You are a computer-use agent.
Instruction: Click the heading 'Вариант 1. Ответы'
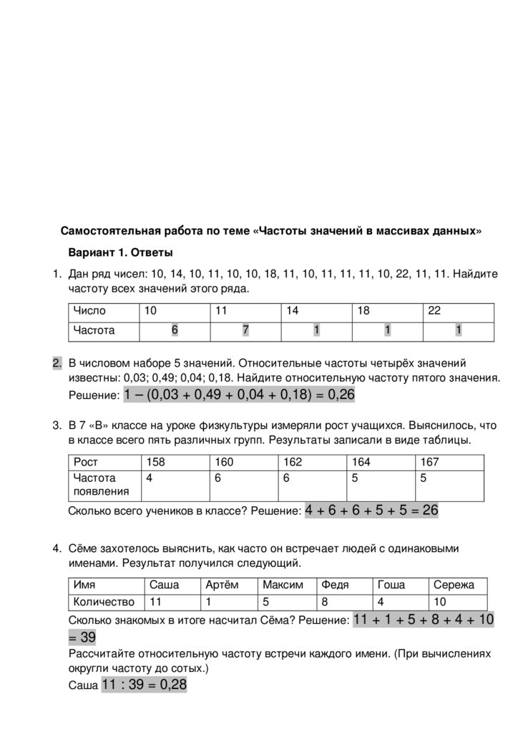pyautogui.click(x=120, y=252)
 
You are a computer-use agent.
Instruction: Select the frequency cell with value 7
pyautogui.click(x=245, y=330)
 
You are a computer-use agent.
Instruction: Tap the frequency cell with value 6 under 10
pyautogui.click(x=174, y=330)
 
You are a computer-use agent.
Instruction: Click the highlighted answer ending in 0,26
pyautogui.click(x=239, y=395)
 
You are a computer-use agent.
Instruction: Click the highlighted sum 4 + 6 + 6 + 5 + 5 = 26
pyautogui.click(x=371, y=510)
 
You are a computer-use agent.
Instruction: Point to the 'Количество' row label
pyautogui.click(x=104, y=602)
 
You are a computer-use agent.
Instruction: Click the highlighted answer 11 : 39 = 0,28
pyautogui.click(x=144, y=685)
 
